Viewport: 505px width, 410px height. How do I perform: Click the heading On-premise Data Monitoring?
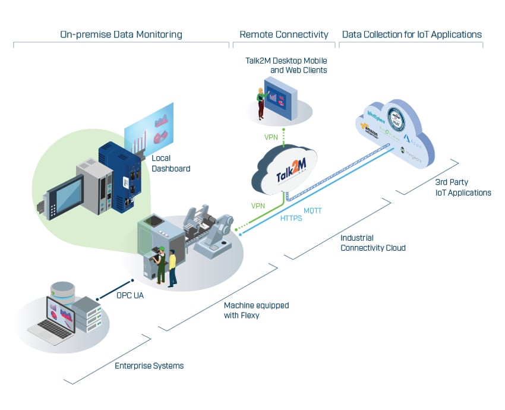coord(121,34)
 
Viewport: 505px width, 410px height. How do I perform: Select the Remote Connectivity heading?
coord(283,34)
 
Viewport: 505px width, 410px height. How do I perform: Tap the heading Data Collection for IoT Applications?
coord(412,34)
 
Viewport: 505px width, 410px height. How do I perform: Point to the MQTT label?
coord(313,211)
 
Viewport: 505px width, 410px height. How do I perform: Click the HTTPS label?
coord(291,218)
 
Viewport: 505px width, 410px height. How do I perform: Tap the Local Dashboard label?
coord(171,163)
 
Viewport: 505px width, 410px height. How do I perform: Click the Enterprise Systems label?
coord(149,365)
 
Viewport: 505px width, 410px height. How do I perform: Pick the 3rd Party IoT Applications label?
coord(462,187)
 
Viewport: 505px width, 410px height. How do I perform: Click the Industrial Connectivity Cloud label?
coord(373,242)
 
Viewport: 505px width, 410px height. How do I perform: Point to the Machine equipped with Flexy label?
coord(256,310)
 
